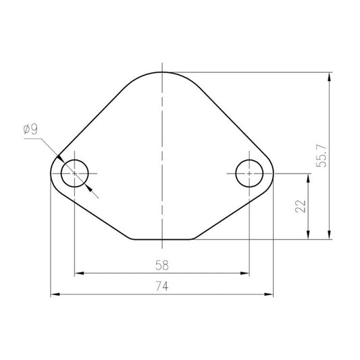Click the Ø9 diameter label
click(30, 129)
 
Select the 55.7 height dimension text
click(322, 156)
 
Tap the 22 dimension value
click(301, 207)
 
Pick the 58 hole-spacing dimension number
click(162, 265)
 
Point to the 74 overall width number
click(162, 286)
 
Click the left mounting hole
click(74, 174)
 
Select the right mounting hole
click(249, 174)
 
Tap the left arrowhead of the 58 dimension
click(79, 274)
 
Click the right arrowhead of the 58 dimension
click(245, 274)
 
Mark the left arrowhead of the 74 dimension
click(55, 294)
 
